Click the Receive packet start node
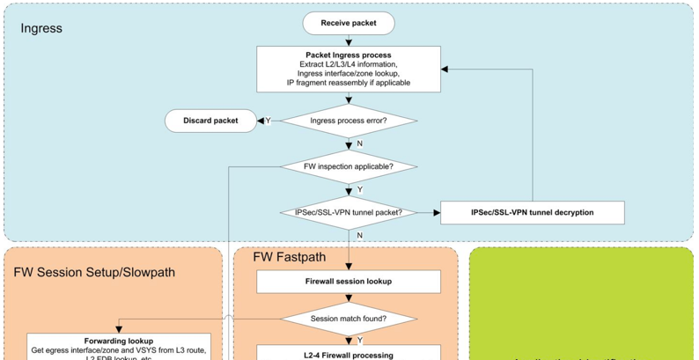pos(349,22)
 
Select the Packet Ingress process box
pos(349,69)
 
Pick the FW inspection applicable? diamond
pos(349,166)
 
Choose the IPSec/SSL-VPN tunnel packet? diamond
pos(349,212)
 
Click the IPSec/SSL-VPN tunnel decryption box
pos(532,212)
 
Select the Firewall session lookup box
pos(349,282)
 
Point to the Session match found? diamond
pos(349,318)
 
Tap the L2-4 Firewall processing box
pos(349,354)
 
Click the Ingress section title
pos(41,28)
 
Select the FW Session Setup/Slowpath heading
pos(94,272)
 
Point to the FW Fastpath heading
pos(290,259)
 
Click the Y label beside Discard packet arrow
pos(268,121)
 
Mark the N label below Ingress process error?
pos(360,144)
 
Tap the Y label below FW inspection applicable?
pos(360,189)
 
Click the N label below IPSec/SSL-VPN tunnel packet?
pos(360,235)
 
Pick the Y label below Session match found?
pos(360,339)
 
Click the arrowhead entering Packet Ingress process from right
pos(446,69)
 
